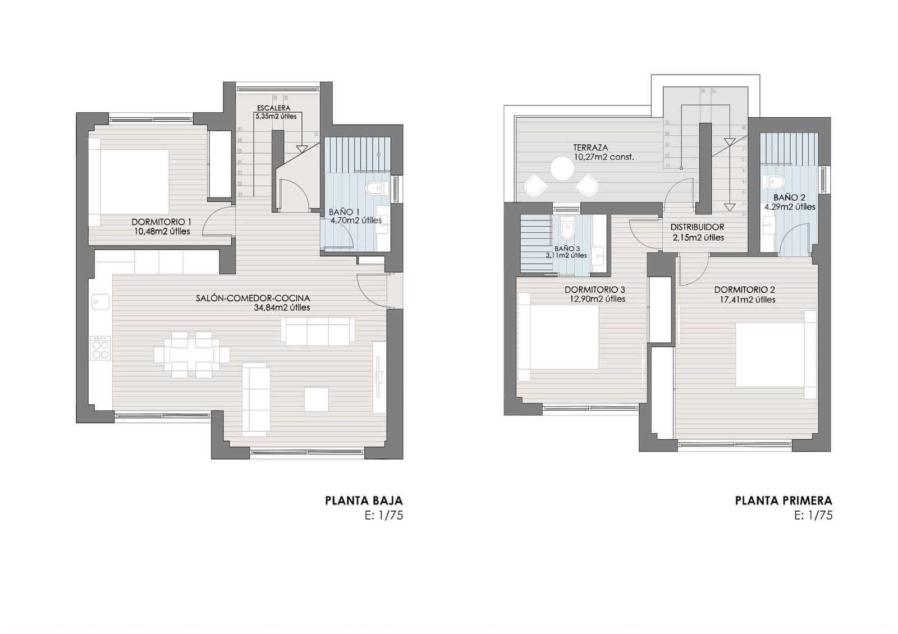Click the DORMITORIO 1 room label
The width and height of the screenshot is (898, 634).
pos(161,222)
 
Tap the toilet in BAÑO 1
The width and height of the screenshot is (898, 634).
pos(373,189)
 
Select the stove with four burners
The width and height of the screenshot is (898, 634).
pos(100,348)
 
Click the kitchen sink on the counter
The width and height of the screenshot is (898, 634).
pos(101,301)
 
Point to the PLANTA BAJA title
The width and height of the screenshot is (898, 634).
pos(364,500)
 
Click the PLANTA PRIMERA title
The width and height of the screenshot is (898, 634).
pos(784,500)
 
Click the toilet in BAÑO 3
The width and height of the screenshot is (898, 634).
pos(567,229)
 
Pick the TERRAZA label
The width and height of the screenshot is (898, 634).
pos(590,148)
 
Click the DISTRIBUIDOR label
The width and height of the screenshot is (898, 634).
pos(697,227)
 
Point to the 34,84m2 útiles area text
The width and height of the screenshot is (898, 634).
pos(282,307)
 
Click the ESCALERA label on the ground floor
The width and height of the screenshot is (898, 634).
pos(273,108)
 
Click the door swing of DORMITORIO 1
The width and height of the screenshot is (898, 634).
pos(219,222)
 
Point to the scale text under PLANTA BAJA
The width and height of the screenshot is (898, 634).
pos(383,516)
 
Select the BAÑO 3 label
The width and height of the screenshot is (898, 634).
pos(567,248)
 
